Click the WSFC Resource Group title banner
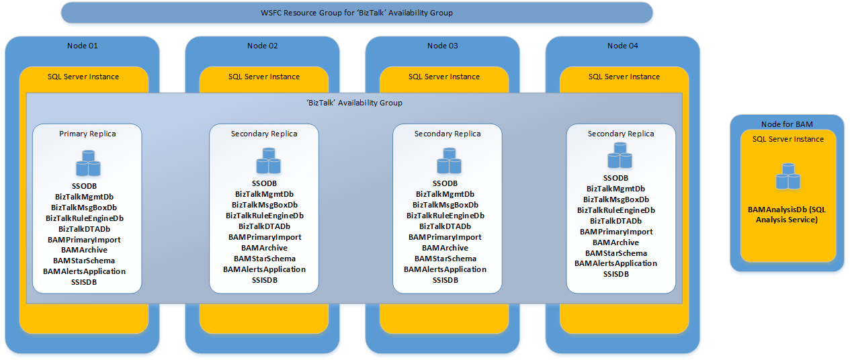coord(356,13)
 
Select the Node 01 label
coord(83,46)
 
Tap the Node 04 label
coord(622,46)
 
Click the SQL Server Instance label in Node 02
coord(264,77)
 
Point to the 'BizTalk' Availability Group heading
coord(354,103)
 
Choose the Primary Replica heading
coord(87,134)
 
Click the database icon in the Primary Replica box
coord(87,164)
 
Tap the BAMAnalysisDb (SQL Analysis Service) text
coord(786,214)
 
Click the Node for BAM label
coord(786,124)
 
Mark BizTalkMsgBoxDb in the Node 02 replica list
coord(265,205)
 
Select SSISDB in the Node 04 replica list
coord(615,274)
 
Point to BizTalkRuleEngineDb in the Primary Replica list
coord(85,218)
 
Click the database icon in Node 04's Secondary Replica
coord(620,159)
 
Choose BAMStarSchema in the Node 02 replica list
coord(265,259)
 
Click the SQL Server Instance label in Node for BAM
coord(788,139)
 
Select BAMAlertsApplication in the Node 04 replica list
coord(615,263)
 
